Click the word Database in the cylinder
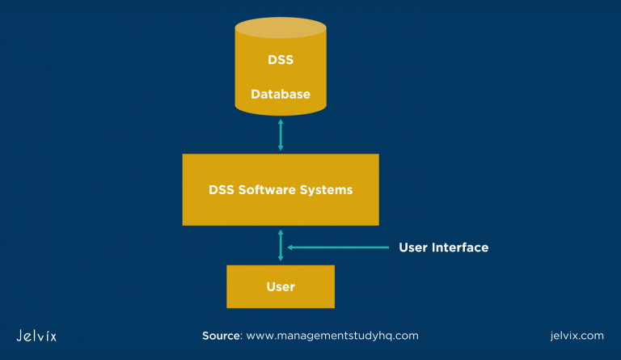point(280,94)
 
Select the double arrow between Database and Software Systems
point(281,133)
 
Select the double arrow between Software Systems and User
point(281,245)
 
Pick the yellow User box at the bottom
point(281,286)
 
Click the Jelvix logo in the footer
point(36,335)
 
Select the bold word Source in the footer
point(221,335)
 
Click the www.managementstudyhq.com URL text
point(332,335)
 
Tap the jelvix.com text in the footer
point(576,335)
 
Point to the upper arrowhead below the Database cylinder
point(281,121)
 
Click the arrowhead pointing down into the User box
point(281,258)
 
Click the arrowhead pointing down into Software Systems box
point(281,147)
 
